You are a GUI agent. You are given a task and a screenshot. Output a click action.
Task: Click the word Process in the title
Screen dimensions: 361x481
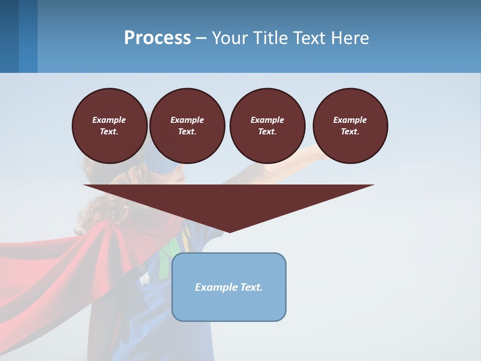click(157, 38)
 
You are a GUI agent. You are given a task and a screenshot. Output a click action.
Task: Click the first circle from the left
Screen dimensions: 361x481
click(109, 125)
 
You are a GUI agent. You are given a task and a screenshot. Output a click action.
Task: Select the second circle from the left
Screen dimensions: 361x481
click(187, 125)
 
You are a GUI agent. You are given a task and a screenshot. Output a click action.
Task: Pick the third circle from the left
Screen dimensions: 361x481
click(267, 125)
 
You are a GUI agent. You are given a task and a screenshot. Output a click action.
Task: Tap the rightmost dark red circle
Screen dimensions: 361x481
click(350, 125)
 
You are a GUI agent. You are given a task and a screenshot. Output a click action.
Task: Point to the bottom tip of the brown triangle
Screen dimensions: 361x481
click(229, 232)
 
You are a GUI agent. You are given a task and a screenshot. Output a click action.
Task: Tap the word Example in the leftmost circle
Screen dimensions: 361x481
click(109, 120)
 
